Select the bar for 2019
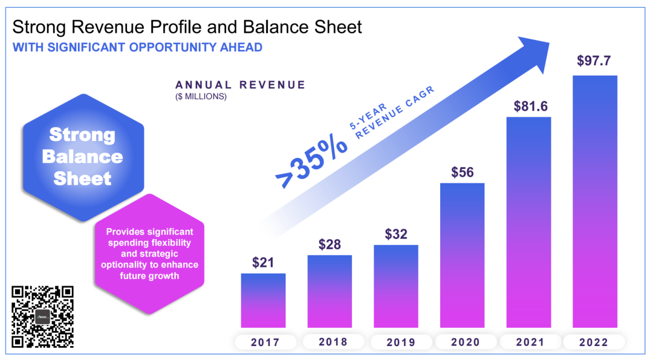[x=395, y=287]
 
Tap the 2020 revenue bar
[x=462, y=257]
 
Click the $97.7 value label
[x=595, y=61]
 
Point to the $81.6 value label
[x=529, y=106]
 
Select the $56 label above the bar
[x=463, y=172]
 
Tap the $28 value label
[x=330, y=244]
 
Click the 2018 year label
[x=330, y=342]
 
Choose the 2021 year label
[x=529, y=342]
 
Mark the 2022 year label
[x=595, y=342]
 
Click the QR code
[x=43, y=316]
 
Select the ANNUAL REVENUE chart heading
[x=240, y=85]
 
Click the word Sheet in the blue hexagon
[x=82, y=178]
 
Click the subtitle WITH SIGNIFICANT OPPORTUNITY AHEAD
[x=137, y=47]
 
